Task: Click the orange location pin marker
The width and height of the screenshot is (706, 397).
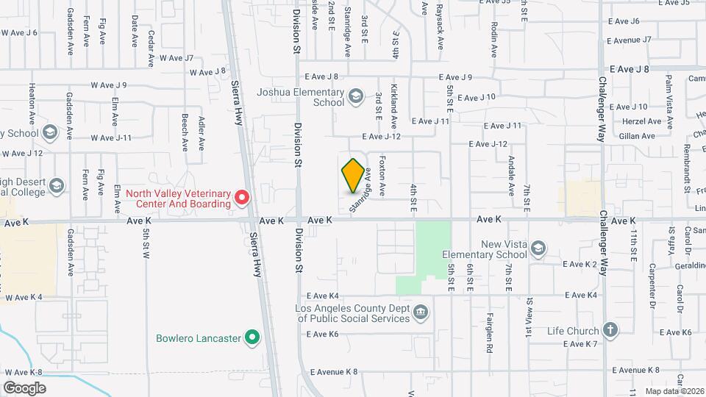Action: point(354,176)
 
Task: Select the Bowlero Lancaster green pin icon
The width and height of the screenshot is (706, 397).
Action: point(252,338)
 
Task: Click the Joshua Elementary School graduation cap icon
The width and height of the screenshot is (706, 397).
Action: point(356,96)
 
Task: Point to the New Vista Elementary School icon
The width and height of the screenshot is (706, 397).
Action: point(538,248)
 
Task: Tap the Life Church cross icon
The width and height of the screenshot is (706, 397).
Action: point(610,329)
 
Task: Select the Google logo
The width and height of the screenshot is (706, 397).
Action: point(25,387)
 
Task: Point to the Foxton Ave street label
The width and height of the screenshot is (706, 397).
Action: point(382,175)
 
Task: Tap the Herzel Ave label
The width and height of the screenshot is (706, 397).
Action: point(642,121)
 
